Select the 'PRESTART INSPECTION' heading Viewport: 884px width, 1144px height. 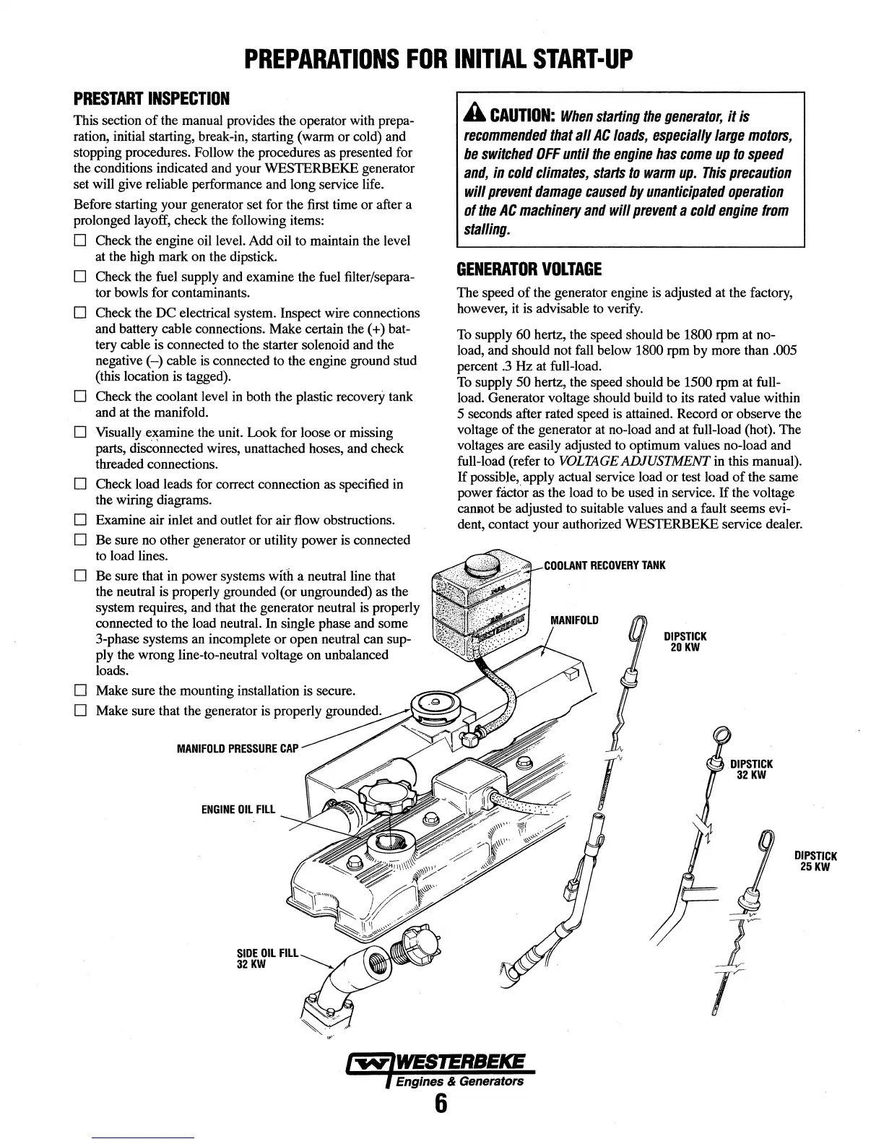coord(151,97)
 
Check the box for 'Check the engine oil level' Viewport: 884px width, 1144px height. coord(81,240)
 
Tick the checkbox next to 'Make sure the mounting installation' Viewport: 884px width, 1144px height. coord(81,691)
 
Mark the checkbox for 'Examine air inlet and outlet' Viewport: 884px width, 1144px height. coord(81,521)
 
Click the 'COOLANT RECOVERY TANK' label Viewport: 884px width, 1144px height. coord(604,565)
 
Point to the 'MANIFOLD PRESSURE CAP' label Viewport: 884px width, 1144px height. coord(237,748)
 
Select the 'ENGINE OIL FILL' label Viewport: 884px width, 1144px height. coord(238,809)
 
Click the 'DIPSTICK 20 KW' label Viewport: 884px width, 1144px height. coord(685,641)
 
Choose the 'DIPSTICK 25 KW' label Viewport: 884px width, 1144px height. coord(815,862)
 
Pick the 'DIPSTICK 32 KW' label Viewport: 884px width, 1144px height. coord(751,769)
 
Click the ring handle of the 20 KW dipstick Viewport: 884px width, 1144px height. coord(636,630)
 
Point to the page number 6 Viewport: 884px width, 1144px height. coord(441,1104)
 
